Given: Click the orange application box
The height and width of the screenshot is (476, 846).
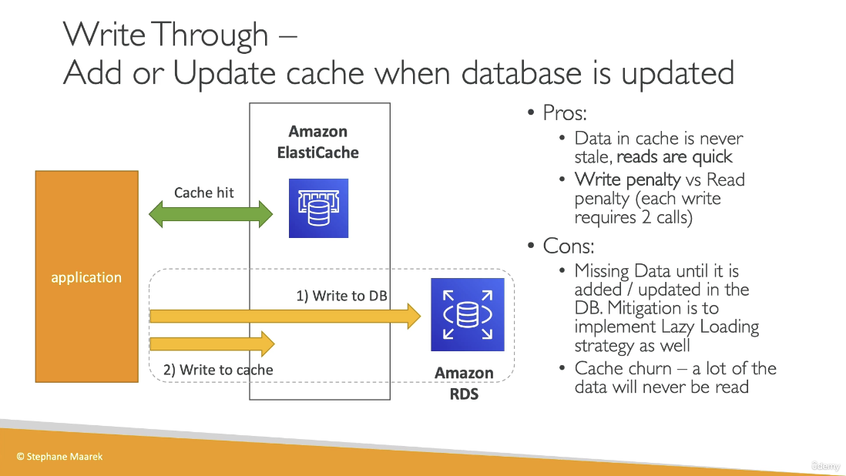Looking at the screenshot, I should tap(86, 277).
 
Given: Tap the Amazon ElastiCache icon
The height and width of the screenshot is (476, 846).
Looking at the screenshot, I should tap(318, 208).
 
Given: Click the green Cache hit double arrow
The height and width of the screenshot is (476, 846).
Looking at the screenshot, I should tap(210, 213).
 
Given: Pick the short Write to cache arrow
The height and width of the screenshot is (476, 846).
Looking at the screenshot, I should tap(212, 343).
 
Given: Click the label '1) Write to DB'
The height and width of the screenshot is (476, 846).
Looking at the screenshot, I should tap(341, 296).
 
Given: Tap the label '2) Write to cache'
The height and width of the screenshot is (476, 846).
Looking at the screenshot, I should tap(218, 370).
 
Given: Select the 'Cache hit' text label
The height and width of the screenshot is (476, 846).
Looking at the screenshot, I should tap(203, 193).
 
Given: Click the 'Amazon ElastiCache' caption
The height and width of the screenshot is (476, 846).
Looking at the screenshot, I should tap(318, 142).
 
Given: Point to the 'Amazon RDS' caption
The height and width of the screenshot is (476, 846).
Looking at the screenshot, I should tap(464, 384).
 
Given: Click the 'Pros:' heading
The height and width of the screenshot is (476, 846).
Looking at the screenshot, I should tap(564, 112).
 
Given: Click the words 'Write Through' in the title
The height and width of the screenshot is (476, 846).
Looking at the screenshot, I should tap(165, 35).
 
